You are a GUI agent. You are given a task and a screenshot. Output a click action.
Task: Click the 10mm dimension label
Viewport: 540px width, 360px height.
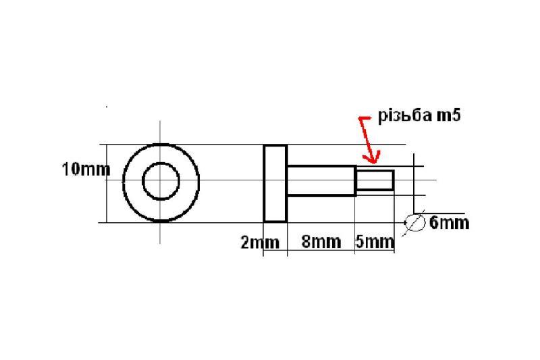click(86, 170)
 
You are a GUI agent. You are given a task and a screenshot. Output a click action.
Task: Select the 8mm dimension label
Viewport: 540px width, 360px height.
click(321, 242)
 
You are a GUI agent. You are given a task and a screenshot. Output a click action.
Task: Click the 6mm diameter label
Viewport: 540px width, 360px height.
click(449, 222)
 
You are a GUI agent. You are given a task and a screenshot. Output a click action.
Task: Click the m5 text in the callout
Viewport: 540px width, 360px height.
click(448, 116)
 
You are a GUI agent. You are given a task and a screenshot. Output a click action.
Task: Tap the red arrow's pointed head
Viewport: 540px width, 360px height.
click(371, 161)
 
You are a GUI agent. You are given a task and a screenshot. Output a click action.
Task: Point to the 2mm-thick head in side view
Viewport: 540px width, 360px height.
click(275, 183)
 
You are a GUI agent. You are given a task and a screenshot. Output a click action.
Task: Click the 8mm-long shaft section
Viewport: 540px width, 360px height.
click(321, 181)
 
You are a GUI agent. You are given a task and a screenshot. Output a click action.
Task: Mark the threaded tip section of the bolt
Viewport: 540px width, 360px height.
click(375, 180)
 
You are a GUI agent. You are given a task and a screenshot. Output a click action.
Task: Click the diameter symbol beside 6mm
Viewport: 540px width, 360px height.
click(414, 222)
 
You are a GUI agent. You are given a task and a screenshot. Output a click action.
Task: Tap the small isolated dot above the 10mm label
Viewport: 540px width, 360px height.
click(106, 106)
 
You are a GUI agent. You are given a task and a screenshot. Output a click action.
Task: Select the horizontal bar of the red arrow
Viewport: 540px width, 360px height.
click(364, 119)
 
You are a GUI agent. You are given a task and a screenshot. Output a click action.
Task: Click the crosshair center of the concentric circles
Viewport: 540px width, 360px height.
click(161, 181)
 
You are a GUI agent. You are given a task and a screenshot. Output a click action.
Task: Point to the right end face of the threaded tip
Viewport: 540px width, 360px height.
click(394, 180)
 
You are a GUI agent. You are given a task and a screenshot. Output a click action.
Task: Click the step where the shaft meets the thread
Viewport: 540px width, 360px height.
click(356, 180)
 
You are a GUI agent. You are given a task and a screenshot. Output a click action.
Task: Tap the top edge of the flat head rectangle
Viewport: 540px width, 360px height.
click(275, 145)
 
